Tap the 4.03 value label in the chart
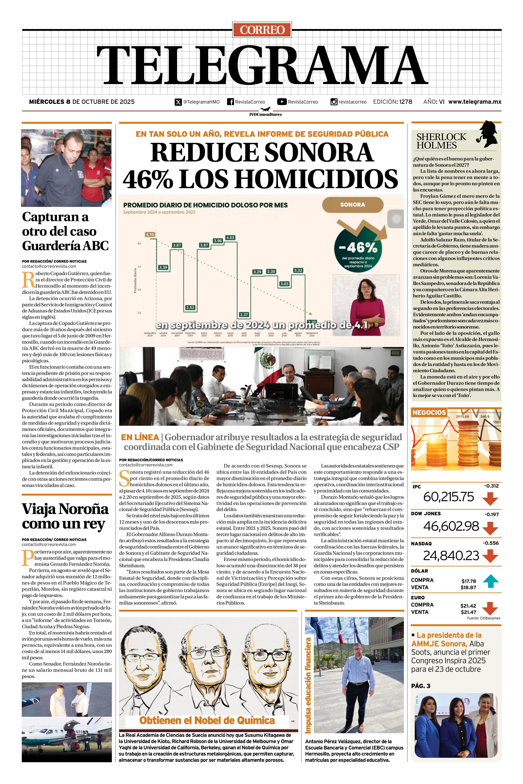pos(230,238)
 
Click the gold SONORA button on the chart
pos(353,205)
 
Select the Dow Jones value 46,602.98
pos(451,526)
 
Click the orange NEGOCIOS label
pos(429,412)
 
